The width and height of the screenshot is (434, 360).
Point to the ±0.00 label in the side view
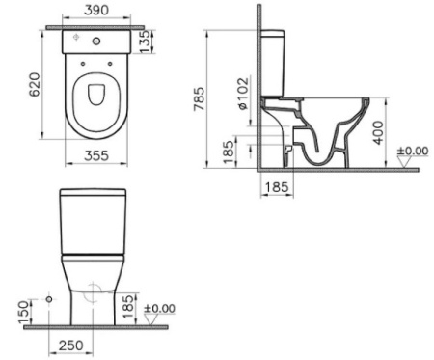pyautogui.click(x=416, y=152)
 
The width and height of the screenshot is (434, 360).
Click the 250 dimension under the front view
pyautogui.click(x=68, y=345)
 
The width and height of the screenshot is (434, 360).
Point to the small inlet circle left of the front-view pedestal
pyautogui.click(x=48, y=300)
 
